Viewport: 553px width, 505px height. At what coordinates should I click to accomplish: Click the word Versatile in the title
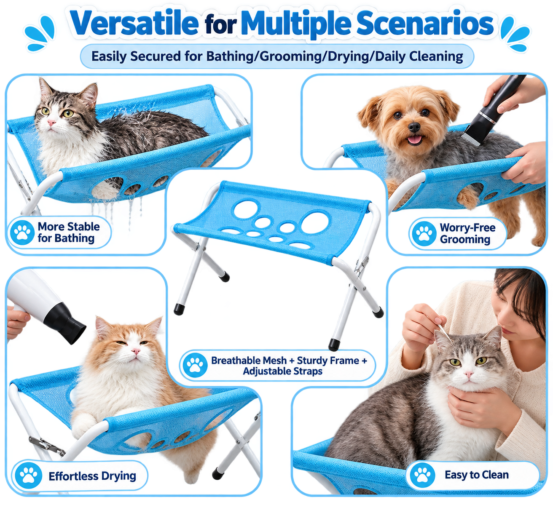pos(134,23)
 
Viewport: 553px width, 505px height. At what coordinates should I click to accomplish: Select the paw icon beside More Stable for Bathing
pos(22,232)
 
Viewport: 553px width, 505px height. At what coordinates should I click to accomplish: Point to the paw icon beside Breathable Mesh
pos(195,365)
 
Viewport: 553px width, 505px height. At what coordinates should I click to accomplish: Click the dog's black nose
pos(414,127)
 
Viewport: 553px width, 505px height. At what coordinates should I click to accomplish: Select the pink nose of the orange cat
pos(135,351)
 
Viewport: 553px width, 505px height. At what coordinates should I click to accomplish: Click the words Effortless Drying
pos(92,476)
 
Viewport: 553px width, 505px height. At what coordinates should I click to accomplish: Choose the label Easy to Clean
pos(477,475)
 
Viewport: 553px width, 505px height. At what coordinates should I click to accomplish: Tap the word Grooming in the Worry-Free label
pos(465,239)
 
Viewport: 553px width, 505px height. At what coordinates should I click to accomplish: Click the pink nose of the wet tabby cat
pos(51,122)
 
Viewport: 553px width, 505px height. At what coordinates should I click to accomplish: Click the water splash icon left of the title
pos(40,33)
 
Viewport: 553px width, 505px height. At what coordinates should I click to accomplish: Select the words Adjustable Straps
pos(282,371)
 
